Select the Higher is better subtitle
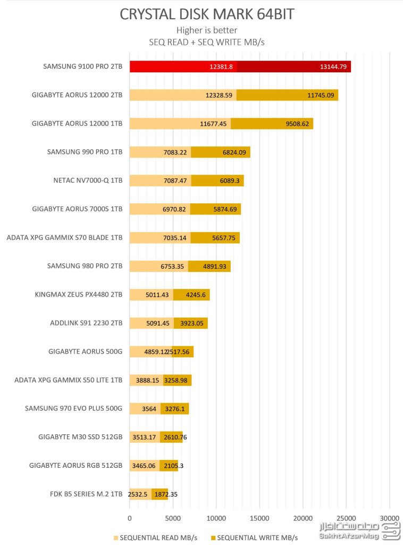[x=207, y=30]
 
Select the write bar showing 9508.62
[x=272, y=123]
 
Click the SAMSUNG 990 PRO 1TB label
[x=85, y=152]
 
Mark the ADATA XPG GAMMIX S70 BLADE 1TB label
[x=64, y=237]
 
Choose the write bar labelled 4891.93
[x=209, y=266]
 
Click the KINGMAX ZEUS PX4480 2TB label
[x=79, y=294]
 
